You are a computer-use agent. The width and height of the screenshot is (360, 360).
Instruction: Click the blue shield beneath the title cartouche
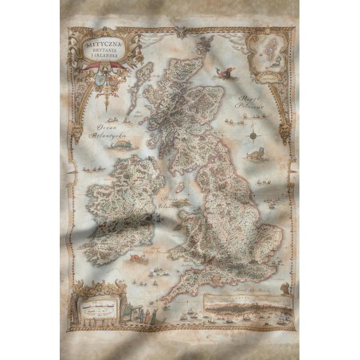(x=98, y=79)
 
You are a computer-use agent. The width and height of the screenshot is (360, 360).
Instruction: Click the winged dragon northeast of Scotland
(x=229, y=74)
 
